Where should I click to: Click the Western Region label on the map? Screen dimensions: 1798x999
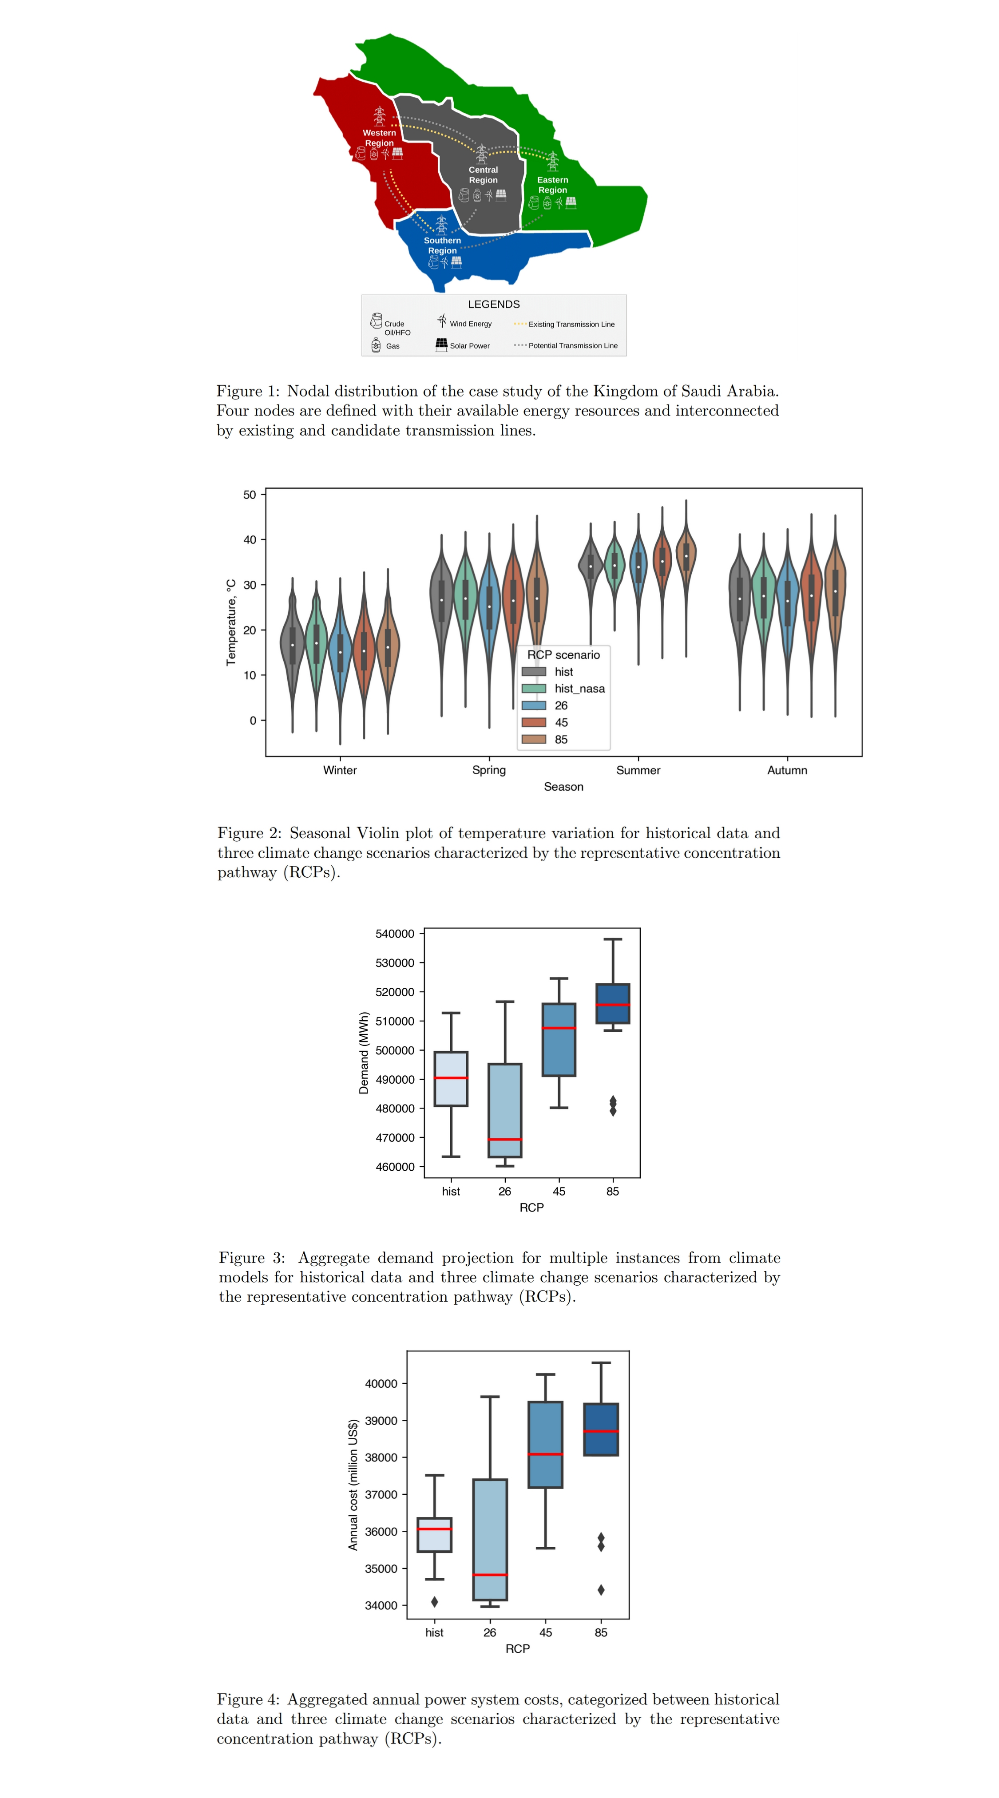pos(379,138)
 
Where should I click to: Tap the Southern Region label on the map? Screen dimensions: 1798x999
pos(442,245)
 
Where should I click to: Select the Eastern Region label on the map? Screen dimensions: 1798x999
pos(552,184)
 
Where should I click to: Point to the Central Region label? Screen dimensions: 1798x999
pos(483,174)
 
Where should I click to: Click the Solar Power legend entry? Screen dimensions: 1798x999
pos(469,345)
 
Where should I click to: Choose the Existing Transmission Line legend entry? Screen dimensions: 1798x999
pos(571,324)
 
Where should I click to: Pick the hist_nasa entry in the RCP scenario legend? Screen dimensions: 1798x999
pos(579,688)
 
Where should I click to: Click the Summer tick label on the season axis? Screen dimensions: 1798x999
pos(638,770)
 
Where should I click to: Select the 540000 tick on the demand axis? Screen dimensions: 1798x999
pos(394,933)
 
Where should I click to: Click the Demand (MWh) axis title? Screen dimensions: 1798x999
pos(364,1053)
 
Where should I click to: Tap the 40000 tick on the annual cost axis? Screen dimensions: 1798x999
pos(381,1383)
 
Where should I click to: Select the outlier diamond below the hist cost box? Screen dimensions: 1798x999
pos(434,1602)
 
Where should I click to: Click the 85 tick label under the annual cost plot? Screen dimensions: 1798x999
pos(600,1632)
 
